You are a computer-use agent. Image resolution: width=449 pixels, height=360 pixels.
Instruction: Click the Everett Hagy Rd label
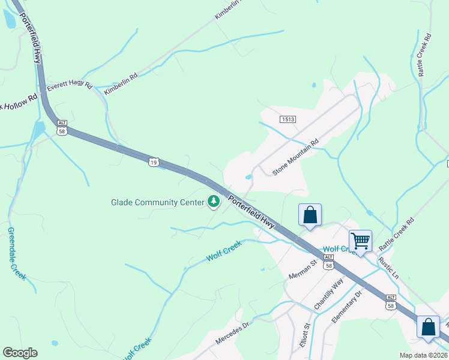click(70, 85)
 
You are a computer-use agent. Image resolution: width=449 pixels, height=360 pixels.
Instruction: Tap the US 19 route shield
click(154, 162)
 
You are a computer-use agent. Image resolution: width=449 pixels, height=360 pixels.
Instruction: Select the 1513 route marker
click(288, 119)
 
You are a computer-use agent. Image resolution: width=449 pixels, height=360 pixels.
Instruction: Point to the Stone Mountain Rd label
click(295, 158)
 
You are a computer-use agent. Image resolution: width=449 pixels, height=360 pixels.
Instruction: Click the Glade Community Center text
click(157, 202)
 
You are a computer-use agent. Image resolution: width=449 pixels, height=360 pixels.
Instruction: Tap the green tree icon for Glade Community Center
click(213, 202)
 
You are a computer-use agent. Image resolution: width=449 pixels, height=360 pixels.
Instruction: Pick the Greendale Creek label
click(17, 253)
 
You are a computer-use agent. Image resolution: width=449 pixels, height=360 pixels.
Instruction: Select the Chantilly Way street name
click(329, 293)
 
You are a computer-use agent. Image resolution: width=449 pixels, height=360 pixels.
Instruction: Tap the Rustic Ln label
click(388, 268)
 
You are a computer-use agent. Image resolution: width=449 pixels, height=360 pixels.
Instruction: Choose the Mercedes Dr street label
click(232, 331)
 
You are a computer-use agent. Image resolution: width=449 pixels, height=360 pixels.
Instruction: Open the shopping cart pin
click(360, 241)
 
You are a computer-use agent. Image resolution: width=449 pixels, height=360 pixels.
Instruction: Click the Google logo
click(20, 353)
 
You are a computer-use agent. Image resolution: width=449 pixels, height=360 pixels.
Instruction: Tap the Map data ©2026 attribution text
click(423, 355)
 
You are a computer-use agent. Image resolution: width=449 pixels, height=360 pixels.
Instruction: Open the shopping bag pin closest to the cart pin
click(310, 215)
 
